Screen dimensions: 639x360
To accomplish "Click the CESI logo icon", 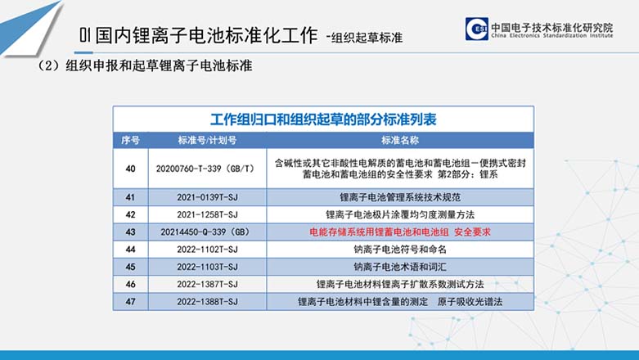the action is point(476,29).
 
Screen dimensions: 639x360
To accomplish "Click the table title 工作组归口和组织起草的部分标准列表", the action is point(323,119).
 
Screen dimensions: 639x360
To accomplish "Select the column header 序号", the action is point(130,140).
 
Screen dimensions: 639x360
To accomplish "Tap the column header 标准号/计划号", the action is point(207,140).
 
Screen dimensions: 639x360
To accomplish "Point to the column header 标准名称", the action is point(400,140).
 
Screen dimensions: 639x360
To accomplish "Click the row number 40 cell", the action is point(130,169).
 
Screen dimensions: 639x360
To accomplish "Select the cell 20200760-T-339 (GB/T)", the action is point(205,169).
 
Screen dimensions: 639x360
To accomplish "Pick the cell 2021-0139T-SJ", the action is point(207,197).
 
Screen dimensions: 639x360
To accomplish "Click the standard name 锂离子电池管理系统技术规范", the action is point(400,197).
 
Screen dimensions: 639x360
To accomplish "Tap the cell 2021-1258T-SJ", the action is point(207,214).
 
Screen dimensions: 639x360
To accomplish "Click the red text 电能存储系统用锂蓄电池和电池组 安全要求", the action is point(400,232).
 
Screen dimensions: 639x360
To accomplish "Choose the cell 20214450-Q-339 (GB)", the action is point(205,232).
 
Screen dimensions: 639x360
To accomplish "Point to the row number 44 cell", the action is point(130,249).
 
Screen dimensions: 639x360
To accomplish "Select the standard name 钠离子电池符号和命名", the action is point(400,249).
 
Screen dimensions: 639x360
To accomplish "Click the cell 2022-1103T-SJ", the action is point(207,267).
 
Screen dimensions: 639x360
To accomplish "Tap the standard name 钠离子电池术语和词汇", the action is point(400,267).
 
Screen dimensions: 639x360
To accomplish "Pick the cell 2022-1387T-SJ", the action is point(207,284).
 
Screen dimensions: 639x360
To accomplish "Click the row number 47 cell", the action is point(130,302).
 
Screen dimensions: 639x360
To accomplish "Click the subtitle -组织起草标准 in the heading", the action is point(364,38).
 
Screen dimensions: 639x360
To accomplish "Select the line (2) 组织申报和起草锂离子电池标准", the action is point(144,65).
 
